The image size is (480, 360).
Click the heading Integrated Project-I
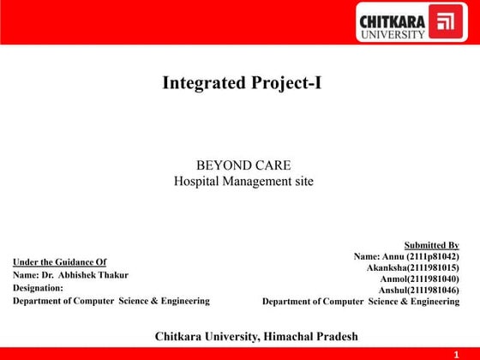coord(242,83)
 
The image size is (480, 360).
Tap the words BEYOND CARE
coord(243,165)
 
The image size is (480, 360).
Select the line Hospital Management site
coord(243,181)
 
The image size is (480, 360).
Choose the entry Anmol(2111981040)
coord(419,279)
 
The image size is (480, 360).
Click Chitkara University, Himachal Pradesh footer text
coord(256,335)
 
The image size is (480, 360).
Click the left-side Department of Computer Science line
coord(111,301)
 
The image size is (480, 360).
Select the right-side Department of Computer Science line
coord(361,302)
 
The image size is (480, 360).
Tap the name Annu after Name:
coord(395,256)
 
